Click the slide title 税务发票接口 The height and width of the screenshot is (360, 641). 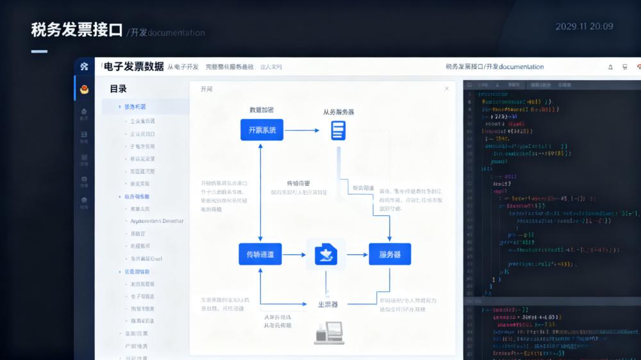[x=76, y=30]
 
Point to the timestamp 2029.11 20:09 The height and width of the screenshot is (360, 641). [x=584, y=26]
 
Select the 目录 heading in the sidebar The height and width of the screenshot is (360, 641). [x=118, y=89]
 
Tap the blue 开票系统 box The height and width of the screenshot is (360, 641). [x=262, y=130]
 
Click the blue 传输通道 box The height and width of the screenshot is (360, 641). [x=260, y=254]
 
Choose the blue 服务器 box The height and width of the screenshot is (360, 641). [x=390, y=254]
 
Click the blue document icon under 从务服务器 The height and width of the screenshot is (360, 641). [x=338, y=130]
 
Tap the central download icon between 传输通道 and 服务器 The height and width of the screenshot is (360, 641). [x=326, y=254]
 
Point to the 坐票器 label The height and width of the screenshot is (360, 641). [x=328, y=304]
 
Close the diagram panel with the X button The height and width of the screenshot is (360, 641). [x=447, y=88]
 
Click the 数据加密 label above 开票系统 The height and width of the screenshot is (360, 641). [x=262, y=110]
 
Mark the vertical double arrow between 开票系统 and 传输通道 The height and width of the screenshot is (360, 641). [x=260, y=192]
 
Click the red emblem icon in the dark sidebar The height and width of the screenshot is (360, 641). [x=84, y=89]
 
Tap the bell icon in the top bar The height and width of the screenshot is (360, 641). [x=610, y=67]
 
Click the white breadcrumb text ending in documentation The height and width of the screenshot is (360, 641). [x=494, y=67]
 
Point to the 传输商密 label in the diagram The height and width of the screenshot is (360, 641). [x=299, y=183]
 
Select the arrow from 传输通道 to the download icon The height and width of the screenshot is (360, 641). [x=294, y=254]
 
